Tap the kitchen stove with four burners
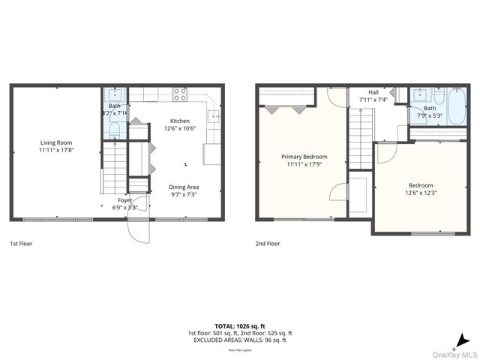(180, 94)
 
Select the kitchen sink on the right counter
(213, 116)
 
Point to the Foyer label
(124, 200)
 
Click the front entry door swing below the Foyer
(138, 226)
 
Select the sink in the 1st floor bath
(115, 94)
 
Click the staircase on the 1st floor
(115, 169)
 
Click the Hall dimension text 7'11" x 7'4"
(373, 100)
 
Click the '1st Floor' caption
(21, 244)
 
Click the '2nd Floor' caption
(268, 244)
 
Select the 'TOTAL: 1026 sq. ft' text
(240, 326)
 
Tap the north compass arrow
(466, 338)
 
